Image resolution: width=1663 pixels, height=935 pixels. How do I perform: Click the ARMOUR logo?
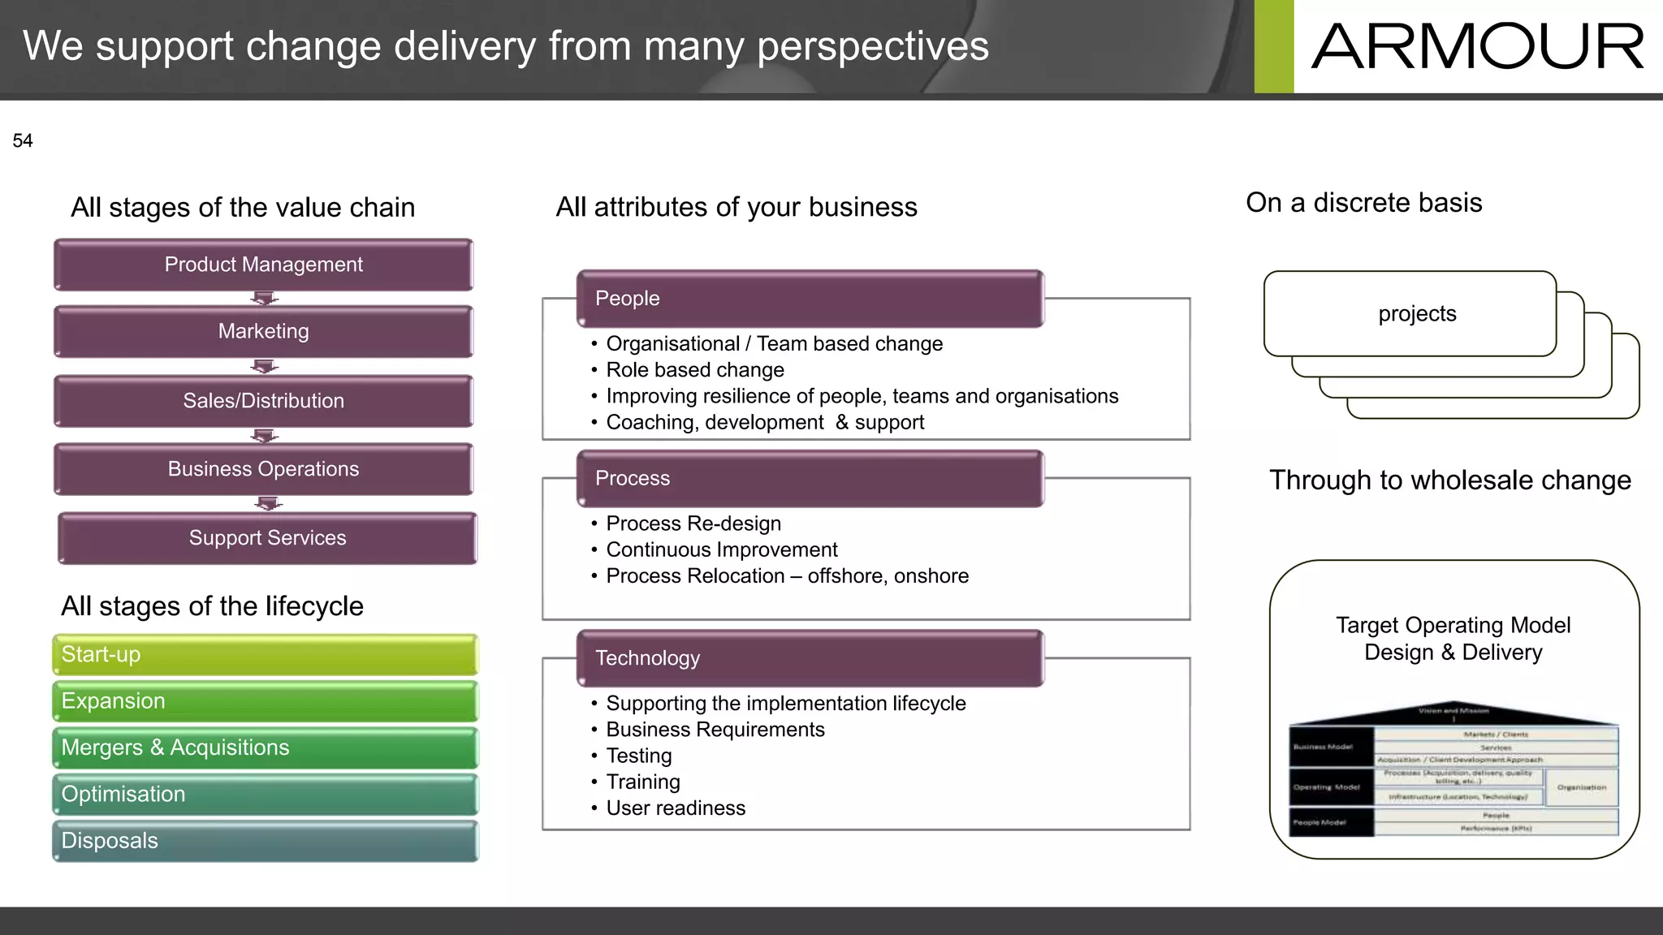point(1477,46)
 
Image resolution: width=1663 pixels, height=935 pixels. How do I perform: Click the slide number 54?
point(23,141)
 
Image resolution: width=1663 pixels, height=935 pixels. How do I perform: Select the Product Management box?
point(263,265)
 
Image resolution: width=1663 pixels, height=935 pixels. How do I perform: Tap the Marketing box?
point(263,331)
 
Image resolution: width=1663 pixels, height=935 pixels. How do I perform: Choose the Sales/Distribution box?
point(263,401)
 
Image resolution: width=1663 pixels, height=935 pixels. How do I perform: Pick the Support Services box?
point(267,538)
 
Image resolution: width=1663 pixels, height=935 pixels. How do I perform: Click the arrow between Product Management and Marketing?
point(264,299)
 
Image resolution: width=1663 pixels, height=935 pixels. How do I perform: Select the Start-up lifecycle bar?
point(265,654)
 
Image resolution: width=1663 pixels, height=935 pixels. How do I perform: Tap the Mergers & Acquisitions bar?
point(265,748)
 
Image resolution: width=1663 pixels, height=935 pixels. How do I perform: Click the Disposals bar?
point(265,841)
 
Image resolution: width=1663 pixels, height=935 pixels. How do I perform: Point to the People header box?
point(810,298)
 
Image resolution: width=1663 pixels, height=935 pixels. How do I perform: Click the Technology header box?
point(810,658)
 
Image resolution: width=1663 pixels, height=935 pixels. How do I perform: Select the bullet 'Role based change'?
point(695,370)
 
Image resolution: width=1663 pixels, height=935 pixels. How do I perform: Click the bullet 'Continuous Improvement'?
point(721,550)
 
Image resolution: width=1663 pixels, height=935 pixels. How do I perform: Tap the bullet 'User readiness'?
point(676,808)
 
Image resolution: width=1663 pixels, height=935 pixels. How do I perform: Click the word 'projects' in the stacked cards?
point(1417,314)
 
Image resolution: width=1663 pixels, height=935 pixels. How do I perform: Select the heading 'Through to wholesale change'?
point(1450,480)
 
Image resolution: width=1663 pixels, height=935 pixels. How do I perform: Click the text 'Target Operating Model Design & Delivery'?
point(1453,639)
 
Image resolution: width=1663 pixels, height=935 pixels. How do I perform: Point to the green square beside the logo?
point(1273,46)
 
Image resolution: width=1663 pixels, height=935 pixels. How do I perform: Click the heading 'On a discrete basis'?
point(1364,203)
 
